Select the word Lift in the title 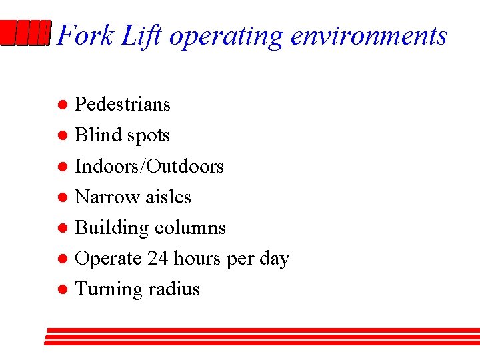(x=141, y=35)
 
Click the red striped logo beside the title (x=25, y=33)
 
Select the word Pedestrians (x=123, y=104)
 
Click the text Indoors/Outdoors (x=149, y=166)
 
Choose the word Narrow (x=103, y=197)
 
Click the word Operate (x=108, y=259)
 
